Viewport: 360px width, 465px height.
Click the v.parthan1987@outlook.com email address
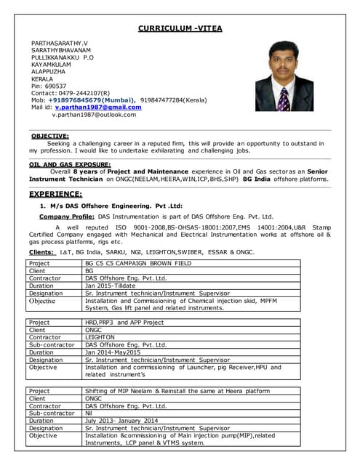[94, 115]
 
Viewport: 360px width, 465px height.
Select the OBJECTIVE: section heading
[50, 136]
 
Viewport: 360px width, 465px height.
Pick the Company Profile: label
[66, 217]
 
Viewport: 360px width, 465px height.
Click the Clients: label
[41, 251]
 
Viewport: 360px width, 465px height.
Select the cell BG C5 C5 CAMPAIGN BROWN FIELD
[138, 263]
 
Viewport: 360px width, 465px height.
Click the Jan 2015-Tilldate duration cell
[113, 286]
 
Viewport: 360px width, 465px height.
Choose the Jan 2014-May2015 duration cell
[113, 352]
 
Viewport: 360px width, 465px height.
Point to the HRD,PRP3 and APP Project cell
[124, 323]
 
